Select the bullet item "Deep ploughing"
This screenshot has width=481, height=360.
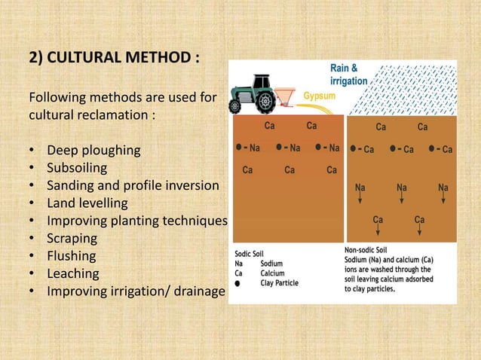[93, 149]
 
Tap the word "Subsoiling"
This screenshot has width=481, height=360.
[77, 167]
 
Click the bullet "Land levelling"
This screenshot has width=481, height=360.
[87, 203]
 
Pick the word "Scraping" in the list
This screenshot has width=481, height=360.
[72, 239]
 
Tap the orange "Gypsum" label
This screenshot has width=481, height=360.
[320, 96]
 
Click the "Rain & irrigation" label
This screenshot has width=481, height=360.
[348, 75]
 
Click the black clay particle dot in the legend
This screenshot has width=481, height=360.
[238, 284]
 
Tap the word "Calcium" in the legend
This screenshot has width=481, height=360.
[274, 273]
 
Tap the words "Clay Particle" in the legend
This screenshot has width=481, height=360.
[279, 283]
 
